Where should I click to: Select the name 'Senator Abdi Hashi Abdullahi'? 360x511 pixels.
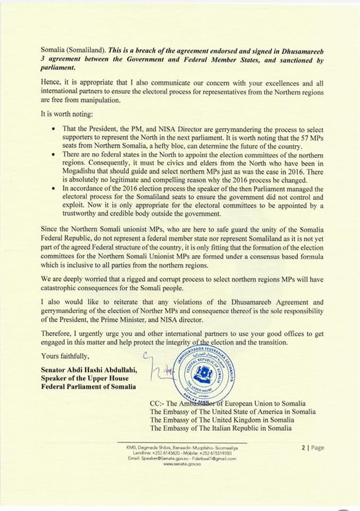[x=88, y=371]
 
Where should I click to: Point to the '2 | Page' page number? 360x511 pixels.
[x=313, y=448]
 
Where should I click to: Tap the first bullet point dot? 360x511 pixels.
[x=51, y=129]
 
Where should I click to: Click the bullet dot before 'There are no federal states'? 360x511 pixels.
[x=51, y=155]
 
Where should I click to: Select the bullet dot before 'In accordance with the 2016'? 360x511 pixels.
[x=51, y=188]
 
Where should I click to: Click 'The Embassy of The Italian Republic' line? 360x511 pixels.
[x=220, y=428]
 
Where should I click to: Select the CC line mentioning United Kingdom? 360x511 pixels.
[x=221, y=420]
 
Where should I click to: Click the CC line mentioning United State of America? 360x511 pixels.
[x=232, y=412]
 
